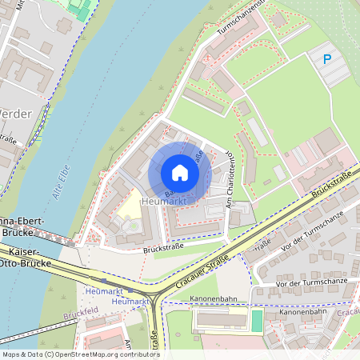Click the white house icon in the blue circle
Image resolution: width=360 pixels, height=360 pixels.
(180, 172)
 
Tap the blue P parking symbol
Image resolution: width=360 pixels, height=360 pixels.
(326, 58)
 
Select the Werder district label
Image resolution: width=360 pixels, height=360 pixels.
(16, 114)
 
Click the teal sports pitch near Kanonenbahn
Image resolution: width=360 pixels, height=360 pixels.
(256, 321)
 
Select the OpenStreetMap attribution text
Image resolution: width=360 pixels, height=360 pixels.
(80, 354)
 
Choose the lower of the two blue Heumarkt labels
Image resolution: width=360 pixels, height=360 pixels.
(130, 301)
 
